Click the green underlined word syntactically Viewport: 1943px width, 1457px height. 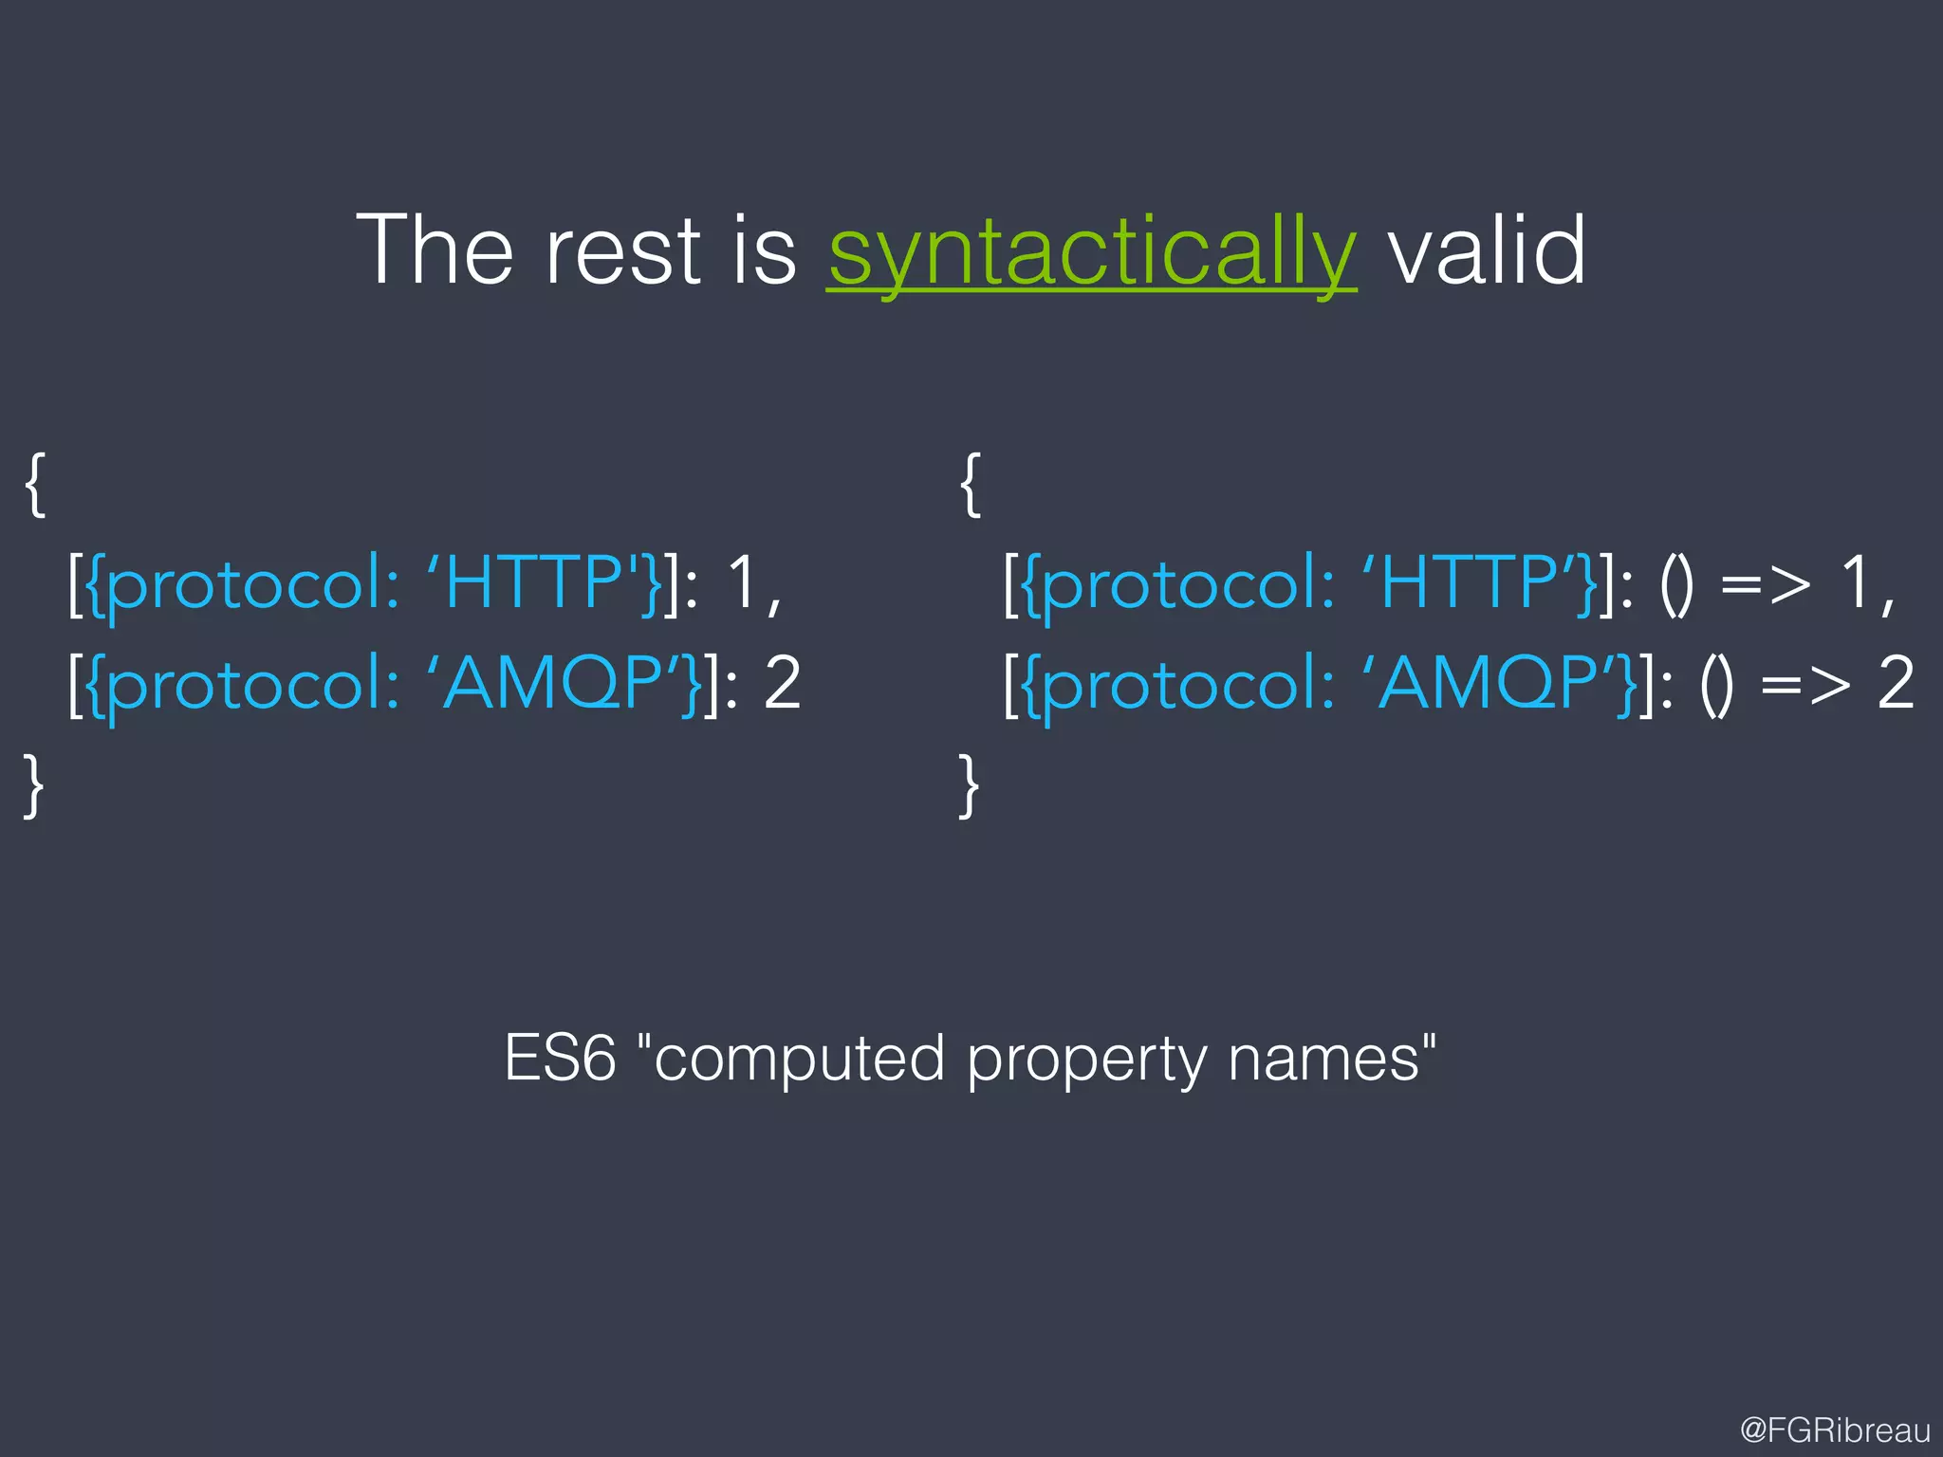tap(1091, 251)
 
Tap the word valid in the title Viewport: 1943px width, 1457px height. tap(1487, 249)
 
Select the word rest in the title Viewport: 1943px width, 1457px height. tap(621, 251)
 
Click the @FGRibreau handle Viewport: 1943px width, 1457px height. tap(1835, 1429)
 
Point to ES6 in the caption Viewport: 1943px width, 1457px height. tap(560, 1058)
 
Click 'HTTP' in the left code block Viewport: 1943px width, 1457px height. tap(533, 581)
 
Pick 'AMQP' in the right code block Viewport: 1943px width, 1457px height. tap(1495, 682)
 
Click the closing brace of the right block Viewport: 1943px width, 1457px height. tap(969, 785)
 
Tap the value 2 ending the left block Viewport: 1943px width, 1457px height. tap(782, 682)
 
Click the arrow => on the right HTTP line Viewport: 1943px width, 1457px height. tap(1765, 582)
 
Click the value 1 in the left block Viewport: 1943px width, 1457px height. tap(742, 581)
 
